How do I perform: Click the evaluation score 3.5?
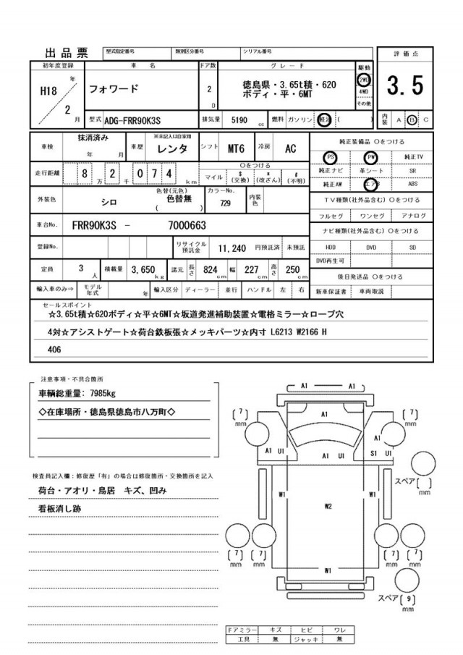[x=404, y=86]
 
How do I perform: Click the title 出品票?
[x=67, y=53]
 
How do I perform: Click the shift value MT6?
[x=236, y=148]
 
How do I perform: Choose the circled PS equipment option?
[x=331, y=156]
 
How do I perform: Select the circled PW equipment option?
[x=372, y=156]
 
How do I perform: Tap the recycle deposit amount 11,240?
[x=233, y=247]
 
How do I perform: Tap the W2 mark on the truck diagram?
[x=328, y=506]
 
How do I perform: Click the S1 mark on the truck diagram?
[x=374, y=452]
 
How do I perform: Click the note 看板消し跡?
[x=67, y=510]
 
